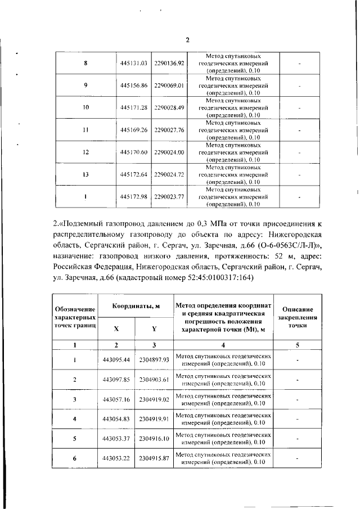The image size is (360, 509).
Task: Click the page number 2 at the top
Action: pyautogui.click(x=188, y=39)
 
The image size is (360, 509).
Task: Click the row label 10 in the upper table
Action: pyautogui.click(x=86, y=107)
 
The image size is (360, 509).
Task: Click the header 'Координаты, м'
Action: pyautogui.click(x=135, y=307)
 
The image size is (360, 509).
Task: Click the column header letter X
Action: pyautogui.click(x=116, y=328)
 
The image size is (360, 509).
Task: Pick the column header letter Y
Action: pyautogui.click(x=154, y=328)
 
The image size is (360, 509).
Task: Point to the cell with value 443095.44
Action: pyautogui.click(x=116, y=359)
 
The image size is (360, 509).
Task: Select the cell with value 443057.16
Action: pyautogui.click(x=116, y=399)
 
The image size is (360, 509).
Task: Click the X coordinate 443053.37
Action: pyautogui.click(x=116, y=438)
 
